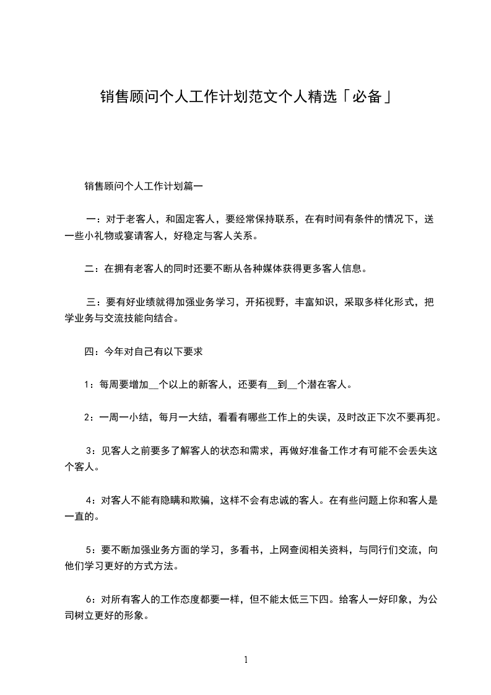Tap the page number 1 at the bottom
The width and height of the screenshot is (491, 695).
pos(246,660)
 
